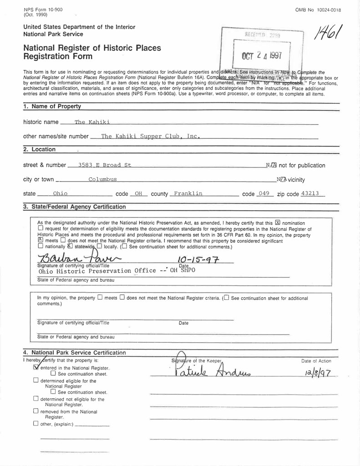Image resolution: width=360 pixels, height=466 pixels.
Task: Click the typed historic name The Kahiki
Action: click(x=92, y=122)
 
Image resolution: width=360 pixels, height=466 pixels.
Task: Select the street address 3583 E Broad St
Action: click(x=105, y=165)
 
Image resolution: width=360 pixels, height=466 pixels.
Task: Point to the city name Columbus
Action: click(x=102, y=179)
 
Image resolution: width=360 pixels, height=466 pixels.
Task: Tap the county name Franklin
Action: click(x=188, y=194)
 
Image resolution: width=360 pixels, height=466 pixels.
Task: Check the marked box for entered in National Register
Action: click(x=37, y=367)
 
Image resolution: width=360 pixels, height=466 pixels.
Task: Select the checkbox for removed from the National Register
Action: click(x=36, y=412)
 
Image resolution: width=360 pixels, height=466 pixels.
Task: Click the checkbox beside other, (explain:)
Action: click(x=36, y=424)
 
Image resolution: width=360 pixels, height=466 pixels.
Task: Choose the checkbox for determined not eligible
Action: click(x=36, y=399)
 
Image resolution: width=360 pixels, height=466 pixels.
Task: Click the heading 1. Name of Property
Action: click(x=52, y=106)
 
